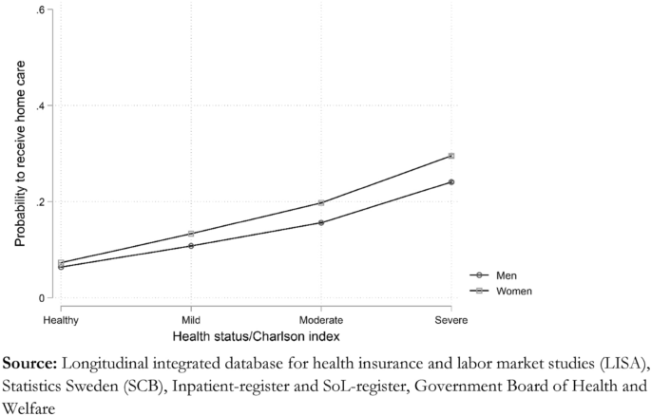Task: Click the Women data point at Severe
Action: [451, 156]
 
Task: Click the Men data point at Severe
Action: [451, 182]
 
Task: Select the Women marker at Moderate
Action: [321, 203]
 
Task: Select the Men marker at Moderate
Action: [321, 223]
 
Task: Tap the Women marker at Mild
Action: [191, 234]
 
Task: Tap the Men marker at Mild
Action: [191, 246]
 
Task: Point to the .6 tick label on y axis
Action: [39, 9]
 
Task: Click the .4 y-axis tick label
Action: [39, 105]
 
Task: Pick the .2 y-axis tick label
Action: [39, 202]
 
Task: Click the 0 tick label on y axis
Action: [42, 298]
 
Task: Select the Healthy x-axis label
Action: [61, 320]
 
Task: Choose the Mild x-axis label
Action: [191, 320]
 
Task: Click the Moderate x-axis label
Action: [321, 320]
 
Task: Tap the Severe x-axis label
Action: [451, 320]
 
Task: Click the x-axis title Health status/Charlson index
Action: [256, 337]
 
